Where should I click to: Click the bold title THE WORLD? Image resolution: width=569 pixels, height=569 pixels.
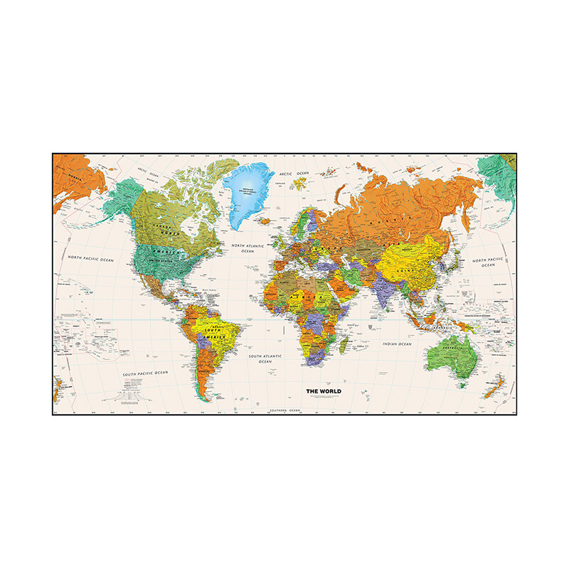coord(324,391)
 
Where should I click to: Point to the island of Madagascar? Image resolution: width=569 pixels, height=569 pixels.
coord(344,344)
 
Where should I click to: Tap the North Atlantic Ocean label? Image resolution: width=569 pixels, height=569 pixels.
coord(248,248)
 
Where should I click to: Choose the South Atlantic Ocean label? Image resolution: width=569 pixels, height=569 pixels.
coord(265,358)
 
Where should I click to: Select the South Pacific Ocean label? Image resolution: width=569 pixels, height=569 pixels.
coord(145,373)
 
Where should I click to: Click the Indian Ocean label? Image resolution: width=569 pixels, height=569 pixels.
coord(396,344)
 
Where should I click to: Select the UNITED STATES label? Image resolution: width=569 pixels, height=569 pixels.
coord(162,260)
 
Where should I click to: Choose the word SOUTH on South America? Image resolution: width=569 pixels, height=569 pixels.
coord(212,329)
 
